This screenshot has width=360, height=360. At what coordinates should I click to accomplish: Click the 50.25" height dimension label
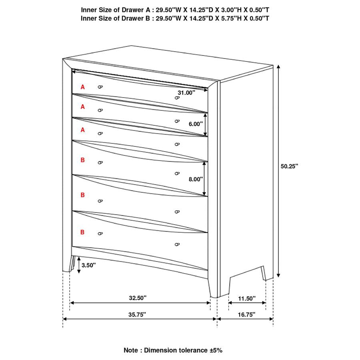click(x=290, y=166)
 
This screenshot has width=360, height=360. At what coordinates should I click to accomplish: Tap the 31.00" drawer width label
click(x=186, y=92)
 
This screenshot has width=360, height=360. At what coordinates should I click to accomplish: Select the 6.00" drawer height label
click(x=196, y=124)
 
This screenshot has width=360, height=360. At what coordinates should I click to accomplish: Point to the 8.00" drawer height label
click(x=196, y=179)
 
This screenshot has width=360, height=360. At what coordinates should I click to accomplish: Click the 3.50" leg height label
click(x=89, y=265)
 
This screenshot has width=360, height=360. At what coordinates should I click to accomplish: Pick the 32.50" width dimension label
click(x=138, y=298)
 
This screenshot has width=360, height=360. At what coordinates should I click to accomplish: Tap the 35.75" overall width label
click(x=137, y=314)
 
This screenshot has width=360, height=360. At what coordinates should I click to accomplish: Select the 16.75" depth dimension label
click(x=245, y=314)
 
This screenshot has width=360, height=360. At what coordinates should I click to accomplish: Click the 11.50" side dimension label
click(x=247, y=298)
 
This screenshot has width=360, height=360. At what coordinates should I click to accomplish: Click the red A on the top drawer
click(x=83, y=87)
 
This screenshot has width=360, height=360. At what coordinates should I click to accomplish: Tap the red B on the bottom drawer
click(x=83, y=232)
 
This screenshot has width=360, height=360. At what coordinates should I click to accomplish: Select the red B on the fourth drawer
click(x=83, y=160)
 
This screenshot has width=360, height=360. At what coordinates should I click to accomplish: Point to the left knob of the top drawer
click(x=100, y=87)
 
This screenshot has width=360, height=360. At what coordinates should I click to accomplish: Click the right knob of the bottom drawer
click(x=177, y=244)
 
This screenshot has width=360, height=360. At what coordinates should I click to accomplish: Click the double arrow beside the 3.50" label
click(x=79, y=265)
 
